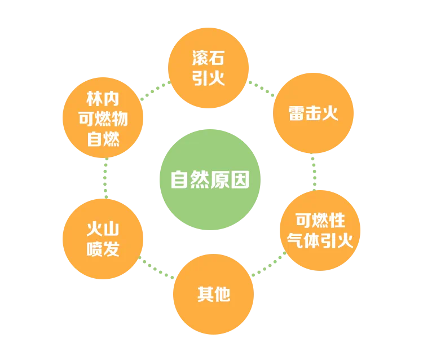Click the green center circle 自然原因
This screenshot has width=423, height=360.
tap(210, 180)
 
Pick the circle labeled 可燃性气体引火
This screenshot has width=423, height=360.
tap(320, 230)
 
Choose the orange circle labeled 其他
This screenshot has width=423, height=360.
tap(213, 295)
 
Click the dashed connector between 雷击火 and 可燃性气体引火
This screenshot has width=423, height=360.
tap(314, 172)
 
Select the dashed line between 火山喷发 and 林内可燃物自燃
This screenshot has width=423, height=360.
tap(103, 178)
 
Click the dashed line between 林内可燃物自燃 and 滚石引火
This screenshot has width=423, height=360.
tap(155, 89)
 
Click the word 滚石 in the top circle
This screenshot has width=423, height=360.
tap(209, 58)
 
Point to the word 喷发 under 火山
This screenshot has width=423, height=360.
tap(103, 249)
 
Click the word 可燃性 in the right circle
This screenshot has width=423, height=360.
tap(320, 220)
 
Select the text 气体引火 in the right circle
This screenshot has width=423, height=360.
tap(320, 241)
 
